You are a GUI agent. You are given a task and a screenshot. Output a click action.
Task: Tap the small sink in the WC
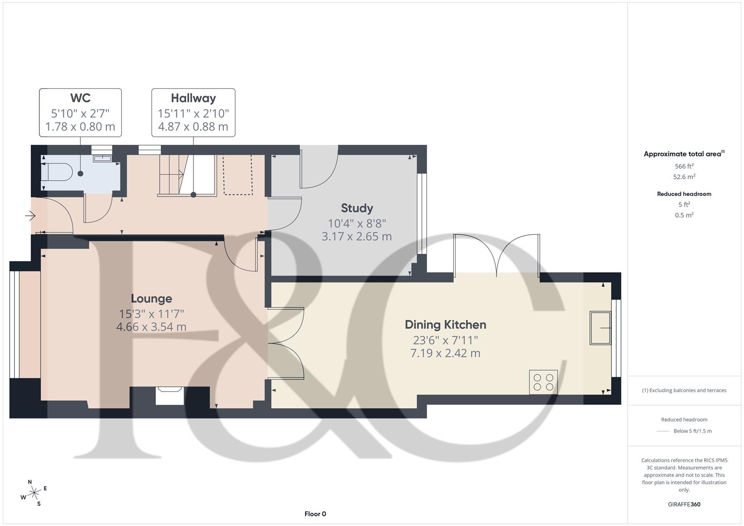[x=102, y=157]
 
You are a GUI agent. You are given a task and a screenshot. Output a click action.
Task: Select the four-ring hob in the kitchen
[x=543, y=382]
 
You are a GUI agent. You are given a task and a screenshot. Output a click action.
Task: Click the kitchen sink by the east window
[x=600, y=328]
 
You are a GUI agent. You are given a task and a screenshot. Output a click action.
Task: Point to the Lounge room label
[x=151, y=299]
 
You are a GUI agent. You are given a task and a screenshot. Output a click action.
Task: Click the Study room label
[x=357, y=208]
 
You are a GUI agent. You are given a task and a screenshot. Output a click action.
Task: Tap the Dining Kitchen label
[x=445, y=325]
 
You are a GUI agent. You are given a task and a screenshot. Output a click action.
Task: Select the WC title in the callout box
[x=80, y=98]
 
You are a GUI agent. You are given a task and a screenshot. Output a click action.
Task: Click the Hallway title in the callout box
[x=193, y=98]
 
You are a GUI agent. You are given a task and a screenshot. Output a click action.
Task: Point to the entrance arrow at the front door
[x=31, y=215]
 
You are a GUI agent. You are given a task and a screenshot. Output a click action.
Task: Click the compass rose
[x=34, y=493]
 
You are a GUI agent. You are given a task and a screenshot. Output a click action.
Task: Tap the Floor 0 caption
[x=315, y=514]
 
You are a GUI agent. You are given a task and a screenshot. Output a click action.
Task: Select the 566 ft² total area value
[x=684, y=166]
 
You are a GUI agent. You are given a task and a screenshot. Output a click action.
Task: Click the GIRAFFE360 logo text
[x=684, y=504]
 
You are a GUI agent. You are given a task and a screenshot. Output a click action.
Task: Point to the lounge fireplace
[x=170, y=395]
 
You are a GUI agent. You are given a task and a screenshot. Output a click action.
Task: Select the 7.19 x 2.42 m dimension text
[x=445, y=353]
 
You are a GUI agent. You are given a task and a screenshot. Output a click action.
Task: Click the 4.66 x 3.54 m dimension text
[x=151, y=327]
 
